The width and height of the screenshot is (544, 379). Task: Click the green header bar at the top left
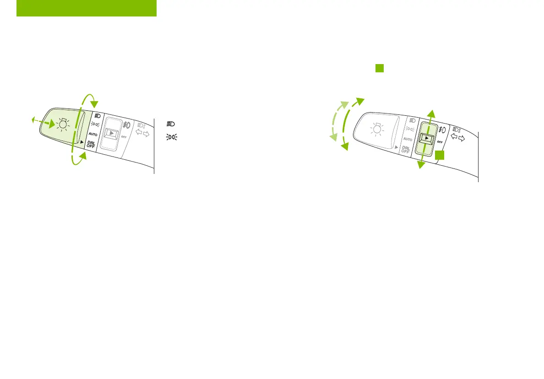point(87,8)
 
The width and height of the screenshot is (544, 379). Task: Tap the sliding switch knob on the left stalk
point(110,133)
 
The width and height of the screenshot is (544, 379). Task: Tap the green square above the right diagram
point(379,68)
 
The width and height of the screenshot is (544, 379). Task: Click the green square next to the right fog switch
point(440,156)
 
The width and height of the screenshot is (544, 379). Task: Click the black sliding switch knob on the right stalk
point(426,138)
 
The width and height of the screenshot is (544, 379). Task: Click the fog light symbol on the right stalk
point(442,130)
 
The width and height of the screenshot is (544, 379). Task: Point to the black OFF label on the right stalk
point(440,141)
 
